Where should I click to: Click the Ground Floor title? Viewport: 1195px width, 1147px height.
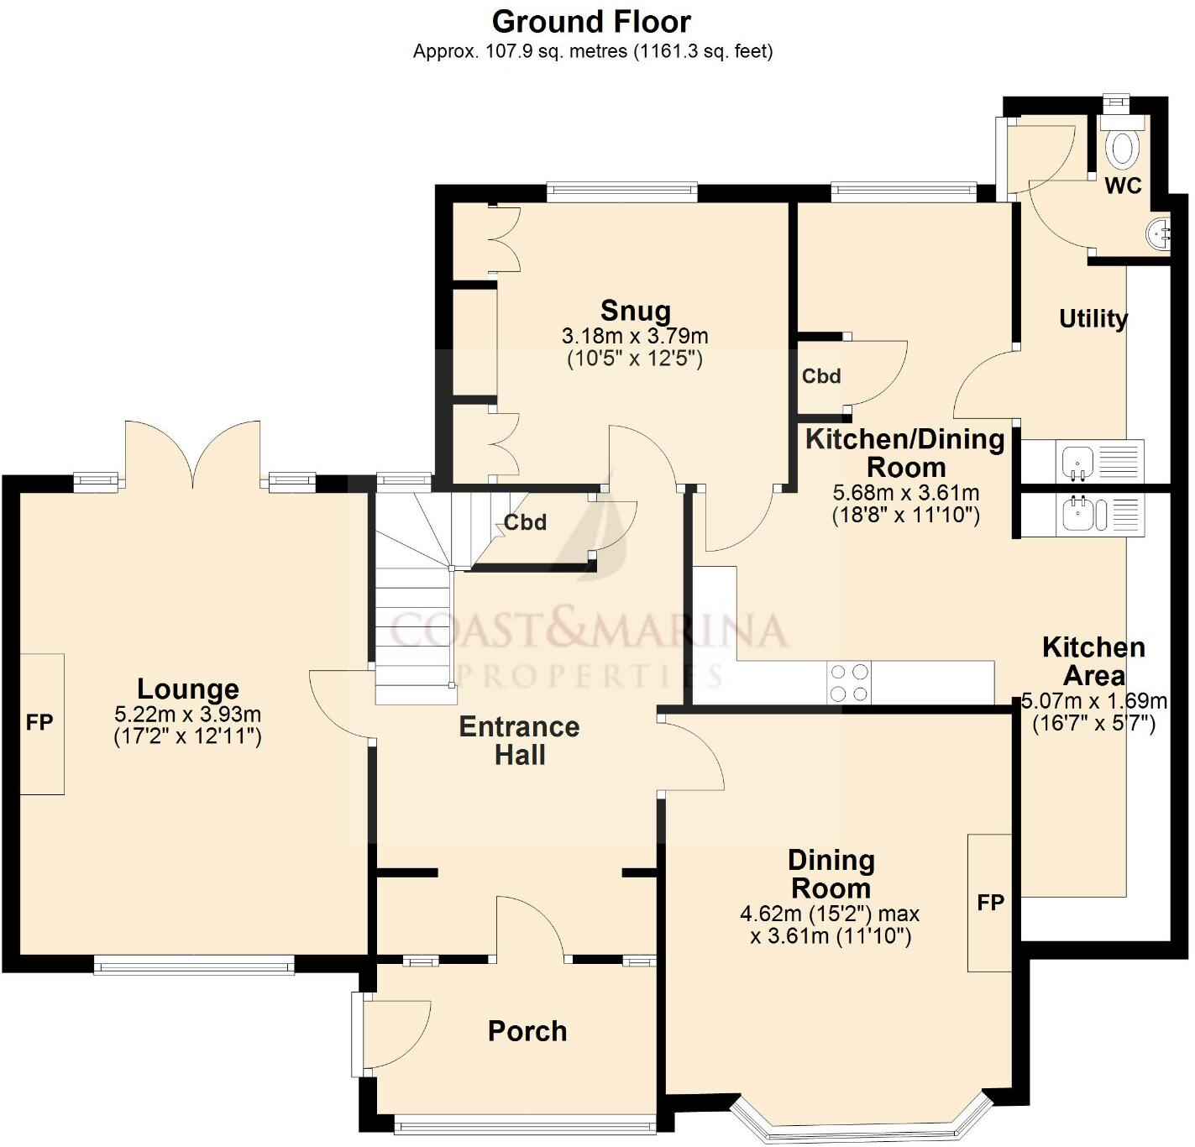591,22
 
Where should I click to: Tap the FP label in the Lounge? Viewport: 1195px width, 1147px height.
39,722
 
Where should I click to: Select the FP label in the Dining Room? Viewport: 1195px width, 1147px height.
990,903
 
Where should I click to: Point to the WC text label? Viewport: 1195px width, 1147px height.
1123,186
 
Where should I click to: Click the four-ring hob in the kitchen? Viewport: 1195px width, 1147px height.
849,683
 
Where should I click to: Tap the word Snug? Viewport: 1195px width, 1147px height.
636,312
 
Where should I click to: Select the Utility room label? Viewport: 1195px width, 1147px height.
1093,319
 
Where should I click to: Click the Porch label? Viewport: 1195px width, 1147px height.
527,1031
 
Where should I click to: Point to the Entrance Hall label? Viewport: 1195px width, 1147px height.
519,741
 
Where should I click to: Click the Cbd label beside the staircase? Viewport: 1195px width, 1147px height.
525,523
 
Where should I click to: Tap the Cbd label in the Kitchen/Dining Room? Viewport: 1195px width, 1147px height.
820,376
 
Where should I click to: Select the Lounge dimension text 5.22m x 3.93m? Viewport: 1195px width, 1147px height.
187,715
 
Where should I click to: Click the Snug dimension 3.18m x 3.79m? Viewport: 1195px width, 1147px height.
635,337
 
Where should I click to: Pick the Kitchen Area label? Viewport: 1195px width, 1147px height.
1093,662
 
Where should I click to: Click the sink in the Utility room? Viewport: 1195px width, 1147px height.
1077,462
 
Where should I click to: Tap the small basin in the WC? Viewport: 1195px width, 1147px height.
1161,233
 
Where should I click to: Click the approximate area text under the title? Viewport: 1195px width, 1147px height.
592,51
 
